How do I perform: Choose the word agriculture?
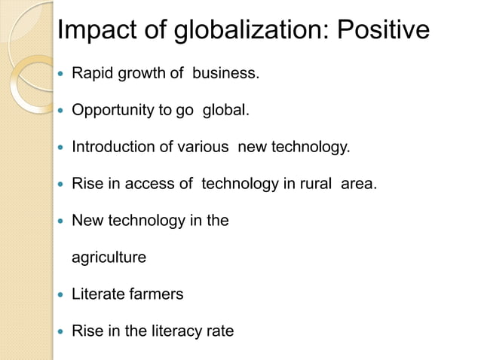[109, 258]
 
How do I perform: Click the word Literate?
[95, 294]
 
